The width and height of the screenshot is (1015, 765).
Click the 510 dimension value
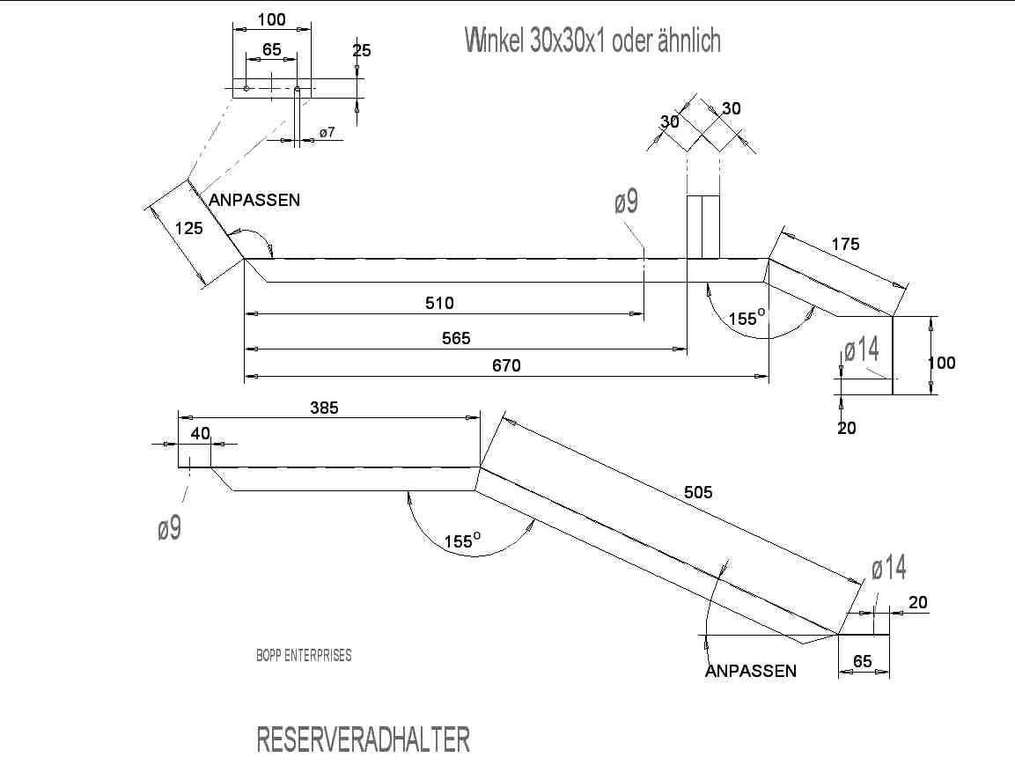coord(439,304)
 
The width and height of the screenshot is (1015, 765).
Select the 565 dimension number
coord(456,338)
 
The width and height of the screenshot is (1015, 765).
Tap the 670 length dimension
coord(506,366)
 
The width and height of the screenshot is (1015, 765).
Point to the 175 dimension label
coord(845,245)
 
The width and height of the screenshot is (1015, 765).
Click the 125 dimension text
coord(188,229)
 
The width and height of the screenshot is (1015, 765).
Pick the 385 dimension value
coord(324,408)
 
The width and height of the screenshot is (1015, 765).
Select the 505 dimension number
coord(698,493)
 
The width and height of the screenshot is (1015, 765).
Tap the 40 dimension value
coord(201,433)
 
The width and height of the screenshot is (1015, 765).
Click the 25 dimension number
coord(362,51)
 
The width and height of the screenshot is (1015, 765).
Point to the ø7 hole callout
coord(327,132)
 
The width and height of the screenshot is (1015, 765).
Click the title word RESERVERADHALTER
coord(363,740)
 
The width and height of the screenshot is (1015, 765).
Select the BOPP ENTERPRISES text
coord(304,656)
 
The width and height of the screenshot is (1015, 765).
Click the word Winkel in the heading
coord(496,40)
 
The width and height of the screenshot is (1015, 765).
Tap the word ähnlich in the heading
coord(689,40)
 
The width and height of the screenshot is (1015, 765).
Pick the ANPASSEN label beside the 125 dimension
coord(254,201)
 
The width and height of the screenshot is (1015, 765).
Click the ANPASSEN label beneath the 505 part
coord(751,672)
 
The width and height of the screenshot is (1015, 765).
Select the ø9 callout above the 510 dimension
coord(626,202)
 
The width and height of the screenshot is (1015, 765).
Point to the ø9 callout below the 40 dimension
coord(169,529)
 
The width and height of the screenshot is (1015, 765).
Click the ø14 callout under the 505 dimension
coord(888,570)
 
